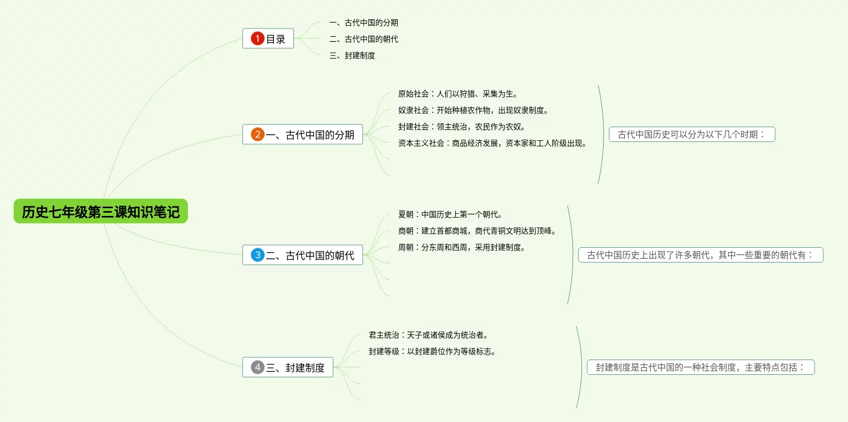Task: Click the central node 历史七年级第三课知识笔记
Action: (101, 212)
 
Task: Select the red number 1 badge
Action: (257, 38)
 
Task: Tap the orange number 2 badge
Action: (257, 134)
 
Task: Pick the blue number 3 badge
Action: (257, 255)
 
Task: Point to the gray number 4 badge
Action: (257, 367)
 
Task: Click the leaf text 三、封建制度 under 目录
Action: (352, 55)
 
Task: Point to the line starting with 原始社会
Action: (458, 94)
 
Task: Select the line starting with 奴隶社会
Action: (473, 110)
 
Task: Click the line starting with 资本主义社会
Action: (492, 144)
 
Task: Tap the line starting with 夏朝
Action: (450, 214)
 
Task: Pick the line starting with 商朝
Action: (477, 231)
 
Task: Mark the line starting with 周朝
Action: (462, 247)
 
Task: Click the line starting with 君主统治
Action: (428, 335)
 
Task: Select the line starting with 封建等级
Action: (432, 351)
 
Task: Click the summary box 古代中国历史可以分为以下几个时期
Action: (692, 134)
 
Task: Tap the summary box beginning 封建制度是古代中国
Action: (701, 367)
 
